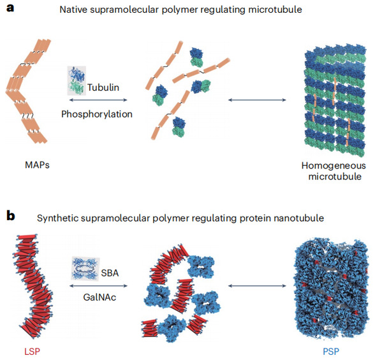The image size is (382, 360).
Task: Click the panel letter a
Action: (10, 9)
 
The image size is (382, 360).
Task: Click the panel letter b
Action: (11, 216)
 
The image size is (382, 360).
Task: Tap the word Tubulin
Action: (103, 87)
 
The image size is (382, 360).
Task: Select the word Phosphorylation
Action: (97, 114)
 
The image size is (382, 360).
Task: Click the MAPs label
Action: (37, 165)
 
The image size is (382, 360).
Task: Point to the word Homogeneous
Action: (334, 166)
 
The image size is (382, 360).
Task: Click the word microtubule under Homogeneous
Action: (335, 176)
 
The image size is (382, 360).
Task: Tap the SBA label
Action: (110, 273)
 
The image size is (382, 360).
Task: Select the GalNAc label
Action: (99, 297)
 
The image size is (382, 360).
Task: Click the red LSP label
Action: (32, 352)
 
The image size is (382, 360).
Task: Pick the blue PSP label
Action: (331, 352)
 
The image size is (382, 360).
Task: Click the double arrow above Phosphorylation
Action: (98, 100)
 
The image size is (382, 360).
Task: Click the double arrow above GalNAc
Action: (98, 286)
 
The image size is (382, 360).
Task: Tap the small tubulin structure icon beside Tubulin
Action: (77, 80)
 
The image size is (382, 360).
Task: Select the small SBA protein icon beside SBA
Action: (85, 268)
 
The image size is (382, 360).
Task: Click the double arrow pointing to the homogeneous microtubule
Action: (257, 100)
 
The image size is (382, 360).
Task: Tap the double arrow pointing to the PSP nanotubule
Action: (257, 286)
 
